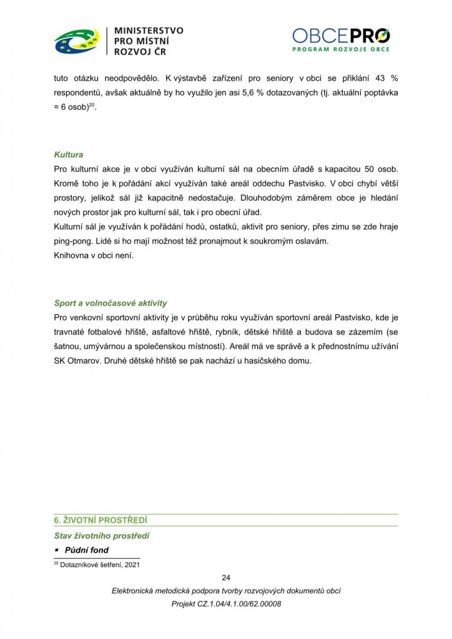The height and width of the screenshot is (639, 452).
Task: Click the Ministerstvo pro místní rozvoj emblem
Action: (76, 41)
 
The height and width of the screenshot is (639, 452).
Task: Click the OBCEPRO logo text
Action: (341, 36)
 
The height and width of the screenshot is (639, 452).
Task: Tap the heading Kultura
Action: (68, 155)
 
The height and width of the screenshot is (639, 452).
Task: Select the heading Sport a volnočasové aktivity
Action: (111, 303)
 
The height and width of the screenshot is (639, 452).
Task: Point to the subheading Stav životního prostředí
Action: (101, 535)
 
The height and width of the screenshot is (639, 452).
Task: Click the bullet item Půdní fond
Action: (86, 550)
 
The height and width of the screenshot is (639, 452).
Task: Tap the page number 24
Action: (226, 577)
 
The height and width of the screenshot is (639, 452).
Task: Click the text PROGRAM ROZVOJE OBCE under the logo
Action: (341, 49)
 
